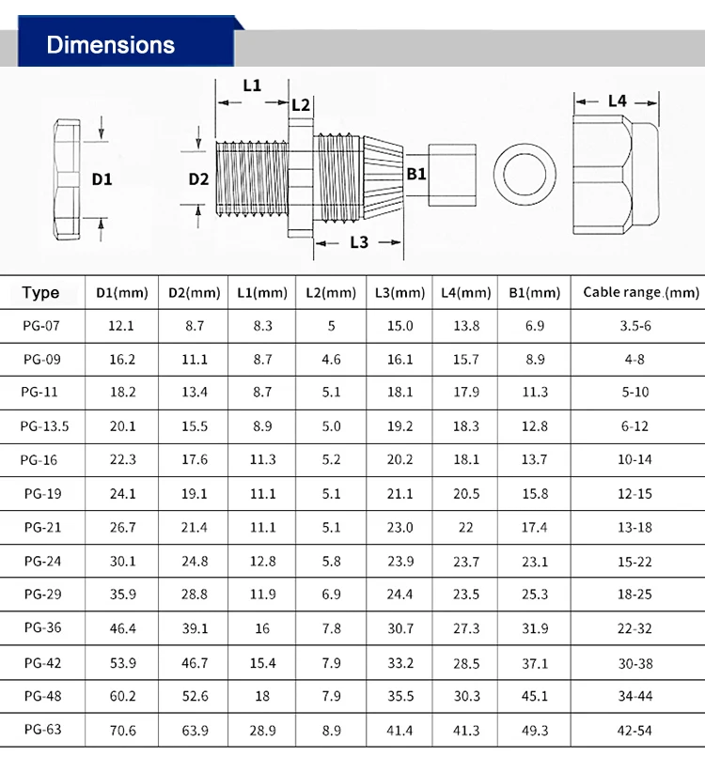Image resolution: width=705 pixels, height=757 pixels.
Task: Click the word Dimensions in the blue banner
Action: (x=110, y=45)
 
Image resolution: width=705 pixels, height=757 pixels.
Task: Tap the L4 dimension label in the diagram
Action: (x=617, y=100)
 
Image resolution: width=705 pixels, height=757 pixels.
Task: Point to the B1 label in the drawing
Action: (x=415, y=174)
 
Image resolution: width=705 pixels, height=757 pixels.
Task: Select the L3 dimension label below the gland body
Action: (x=359, y=242)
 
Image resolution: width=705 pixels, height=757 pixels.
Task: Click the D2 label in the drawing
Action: (x=198, y=178)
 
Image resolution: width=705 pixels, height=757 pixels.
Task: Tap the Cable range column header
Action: (x=641, y=293)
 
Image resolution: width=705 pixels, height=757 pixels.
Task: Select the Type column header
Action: (x=40, y=293)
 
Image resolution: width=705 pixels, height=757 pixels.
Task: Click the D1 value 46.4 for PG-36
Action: (x=122, y=628)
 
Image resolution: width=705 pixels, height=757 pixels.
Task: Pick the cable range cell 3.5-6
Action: (x=635, y=326)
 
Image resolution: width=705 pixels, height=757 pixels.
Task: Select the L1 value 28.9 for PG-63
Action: (x=261, y=729)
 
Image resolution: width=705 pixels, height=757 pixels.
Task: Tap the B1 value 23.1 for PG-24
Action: (x=534, y=562)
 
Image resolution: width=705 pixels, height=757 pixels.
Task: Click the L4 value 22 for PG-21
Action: (x=466, y=528)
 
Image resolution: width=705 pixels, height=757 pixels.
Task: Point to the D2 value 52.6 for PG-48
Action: (x=194, y=696)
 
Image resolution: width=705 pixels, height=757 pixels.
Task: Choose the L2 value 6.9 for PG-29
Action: (x=330, y=595)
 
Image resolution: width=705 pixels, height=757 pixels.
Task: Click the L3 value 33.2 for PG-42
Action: (x=399, y=662)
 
